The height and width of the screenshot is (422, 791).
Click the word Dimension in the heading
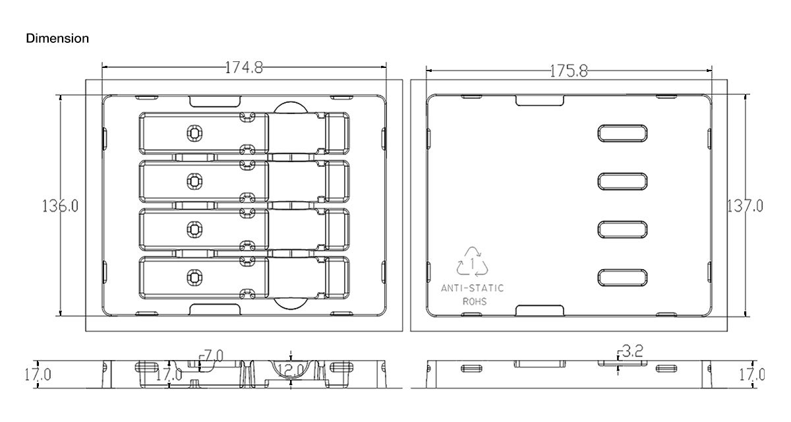pos(57,38)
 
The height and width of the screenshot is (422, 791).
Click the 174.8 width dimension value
pos(244,67)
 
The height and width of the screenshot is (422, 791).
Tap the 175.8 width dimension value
pos(568,71)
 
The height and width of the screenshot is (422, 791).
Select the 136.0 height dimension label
pos(61,206)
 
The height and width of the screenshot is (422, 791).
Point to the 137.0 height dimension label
pos(745,206)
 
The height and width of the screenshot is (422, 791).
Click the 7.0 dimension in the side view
pos(213,356)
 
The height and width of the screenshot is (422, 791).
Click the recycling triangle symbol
pos(473,261)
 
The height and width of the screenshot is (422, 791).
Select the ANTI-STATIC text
pos(472,288)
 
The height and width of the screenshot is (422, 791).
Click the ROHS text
pos(473,301)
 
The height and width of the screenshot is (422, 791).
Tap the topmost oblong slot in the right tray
pos(623,133)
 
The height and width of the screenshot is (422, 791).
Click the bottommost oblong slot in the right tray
pos(623,278)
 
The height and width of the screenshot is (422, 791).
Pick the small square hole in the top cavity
pos(194,133)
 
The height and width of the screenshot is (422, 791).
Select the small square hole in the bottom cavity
pos(194,276)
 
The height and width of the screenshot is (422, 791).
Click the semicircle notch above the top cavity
pos(290,108)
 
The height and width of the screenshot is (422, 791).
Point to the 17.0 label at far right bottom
pos(751,375)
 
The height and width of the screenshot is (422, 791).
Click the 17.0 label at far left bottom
pos(38,375)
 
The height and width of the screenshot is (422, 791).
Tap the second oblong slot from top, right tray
pos(623,181)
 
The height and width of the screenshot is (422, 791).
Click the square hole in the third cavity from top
pos(194,228)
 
